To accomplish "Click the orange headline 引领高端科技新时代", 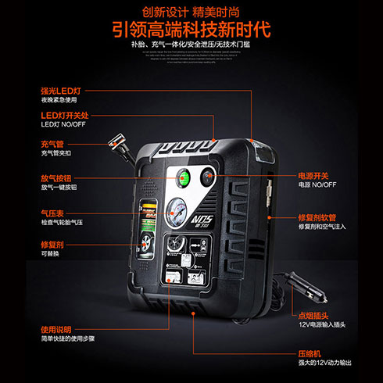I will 191,30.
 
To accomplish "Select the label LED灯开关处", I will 67,116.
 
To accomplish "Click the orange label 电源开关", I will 313,175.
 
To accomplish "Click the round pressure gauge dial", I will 175,211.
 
